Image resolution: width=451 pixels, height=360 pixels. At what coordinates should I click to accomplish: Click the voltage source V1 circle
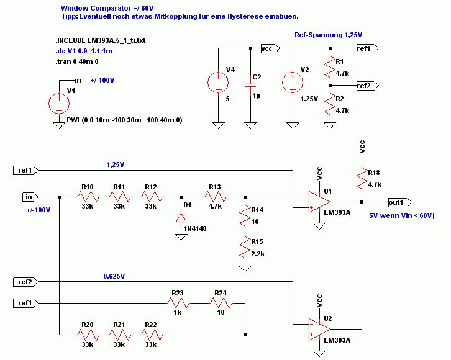pyautogui.click(x=59, y=104)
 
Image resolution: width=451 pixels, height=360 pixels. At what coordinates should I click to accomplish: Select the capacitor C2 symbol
pyautogui.click(x=250, y=85)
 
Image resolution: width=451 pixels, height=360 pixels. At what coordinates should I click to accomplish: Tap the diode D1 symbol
pyautogui.click(x=181, y=218)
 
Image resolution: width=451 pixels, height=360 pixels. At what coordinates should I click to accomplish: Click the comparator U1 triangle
pyautogui.click(x=319, y=202)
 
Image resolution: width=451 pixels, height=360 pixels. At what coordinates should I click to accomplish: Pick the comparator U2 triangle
pyautogui.click(x=319, y=329)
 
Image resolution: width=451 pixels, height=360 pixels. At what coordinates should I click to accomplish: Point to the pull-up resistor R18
pyautogui.click(x=362, y=178)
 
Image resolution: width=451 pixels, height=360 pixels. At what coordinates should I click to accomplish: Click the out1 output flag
pyautogui.click(x=400, y=202)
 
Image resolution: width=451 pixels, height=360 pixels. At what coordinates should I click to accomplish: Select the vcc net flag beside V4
pyautogui.click(x=270, y=48)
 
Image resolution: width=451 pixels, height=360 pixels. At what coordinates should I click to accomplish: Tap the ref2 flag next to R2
pyautogui.click(x=368, y=86)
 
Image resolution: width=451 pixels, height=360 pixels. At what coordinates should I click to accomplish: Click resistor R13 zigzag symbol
pyautogui.click(x=216, y=197)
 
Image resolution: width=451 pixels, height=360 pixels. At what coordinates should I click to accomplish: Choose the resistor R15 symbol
pyautogui.click(x=245, y=248)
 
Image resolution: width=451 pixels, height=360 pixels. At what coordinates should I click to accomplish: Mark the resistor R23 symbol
pyautogui.click(x=178, y=303)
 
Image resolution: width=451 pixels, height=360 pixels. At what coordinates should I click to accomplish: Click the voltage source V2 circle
pyautogui.click(x=293, y=83)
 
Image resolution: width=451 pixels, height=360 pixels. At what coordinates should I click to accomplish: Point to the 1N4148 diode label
pyautogui.click(x=195, y=228)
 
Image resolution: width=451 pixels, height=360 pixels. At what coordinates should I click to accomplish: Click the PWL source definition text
pyautogui.click(x=124, y=120)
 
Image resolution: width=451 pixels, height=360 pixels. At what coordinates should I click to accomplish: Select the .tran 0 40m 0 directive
pyautogui.click(x=77, y=62)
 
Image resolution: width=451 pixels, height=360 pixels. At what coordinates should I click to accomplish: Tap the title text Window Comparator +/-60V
pyautogui.click(x=107, y=8)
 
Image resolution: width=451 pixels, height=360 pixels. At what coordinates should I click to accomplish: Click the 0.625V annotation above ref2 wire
pyautogui.click(x=114, y=276)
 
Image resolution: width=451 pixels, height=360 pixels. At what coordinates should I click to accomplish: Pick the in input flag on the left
pyautogui.click(x=30, y=197)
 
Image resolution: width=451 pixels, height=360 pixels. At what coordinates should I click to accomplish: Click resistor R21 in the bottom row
pyautogui.click(x=119, y=335)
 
